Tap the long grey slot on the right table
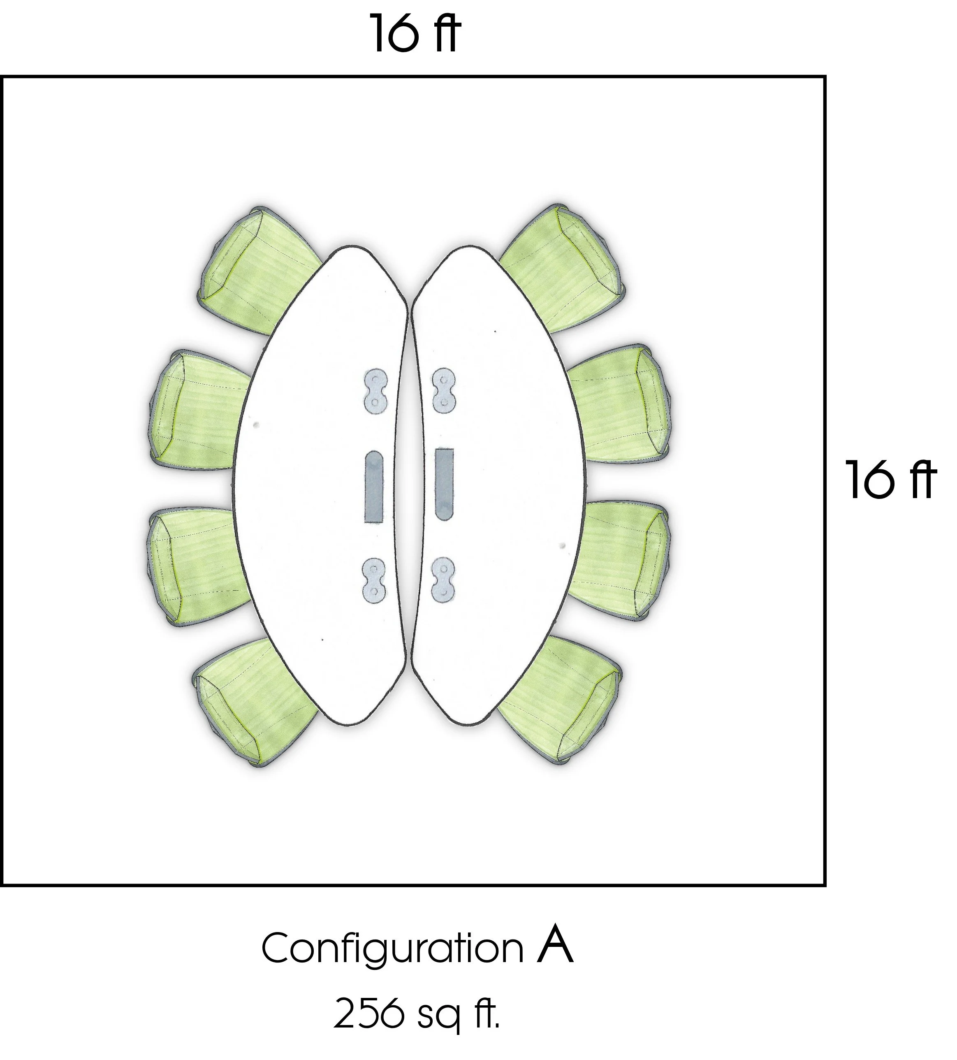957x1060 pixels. click(x=444, y=482)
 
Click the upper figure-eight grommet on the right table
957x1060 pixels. click(x=443, y=390)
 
